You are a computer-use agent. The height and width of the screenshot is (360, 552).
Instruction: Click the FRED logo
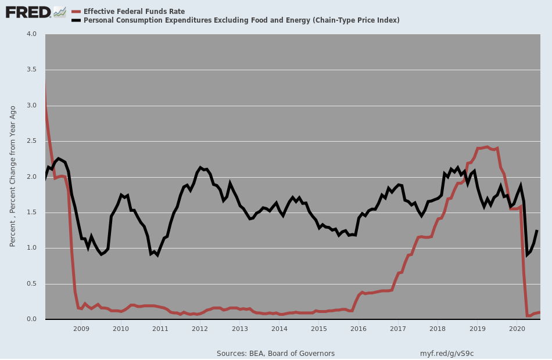(x=28, y=12)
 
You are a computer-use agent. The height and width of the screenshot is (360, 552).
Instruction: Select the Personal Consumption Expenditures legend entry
(x=241, y=20)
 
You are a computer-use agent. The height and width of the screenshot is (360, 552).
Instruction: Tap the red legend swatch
(x=76, y=12)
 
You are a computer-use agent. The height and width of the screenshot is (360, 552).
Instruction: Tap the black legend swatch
(x=76, y=21)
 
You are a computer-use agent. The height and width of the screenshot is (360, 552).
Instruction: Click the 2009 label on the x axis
(x=81, y=329)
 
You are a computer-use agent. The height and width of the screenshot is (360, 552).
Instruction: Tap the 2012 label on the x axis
(x=200, y=329)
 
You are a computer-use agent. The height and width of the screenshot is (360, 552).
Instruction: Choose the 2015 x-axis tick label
(x=319, y=329)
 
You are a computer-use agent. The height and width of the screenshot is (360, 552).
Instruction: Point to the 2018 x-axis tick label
(x=438, y=329)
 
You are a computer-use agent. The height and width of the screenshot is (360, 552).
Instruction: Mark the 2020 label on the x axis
(x=517, y=329)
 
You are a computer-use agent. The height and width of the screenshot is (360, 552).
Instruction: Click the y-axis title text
(x=13, y=177)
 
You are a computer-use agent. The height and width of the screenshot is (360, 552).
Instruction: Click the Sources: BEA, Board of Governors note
(x=275, y=353)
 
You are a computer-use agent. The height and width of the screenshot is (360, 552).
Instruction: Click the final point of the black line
(x=537, y=231)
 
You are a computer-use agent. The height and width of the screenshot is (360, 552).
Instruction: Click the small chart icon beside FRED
(x=60, y=12)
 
